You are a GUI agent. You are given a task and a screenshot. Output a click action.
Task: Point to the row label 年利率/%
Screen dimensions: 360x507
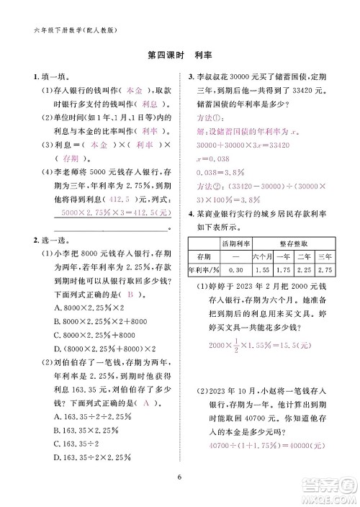[x=202, y=269]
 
